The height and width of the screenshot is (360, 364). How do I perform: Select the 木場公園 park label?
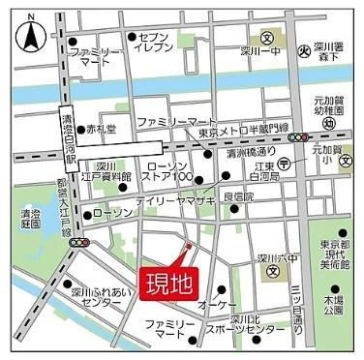click(x=334, y=308)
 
